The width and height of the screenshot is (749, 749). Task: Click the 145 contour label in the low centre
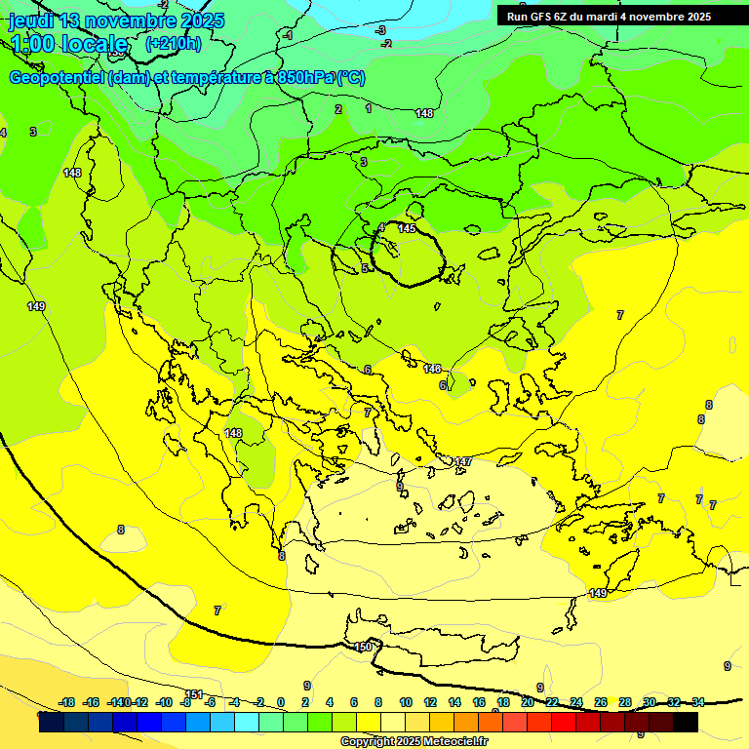tap(407, 228)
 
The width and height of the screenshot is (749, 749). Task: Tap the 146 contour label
tap(433, 369)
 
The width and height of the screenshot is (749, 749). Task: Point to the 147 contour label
tap(462, 461)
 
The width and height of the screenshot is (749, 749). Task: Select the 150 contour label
tap(364, 647)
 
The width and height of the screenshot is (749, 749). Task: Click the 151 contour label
tap(194, 694)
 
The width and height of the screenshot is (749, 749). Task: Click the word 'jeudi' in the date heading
tap(31, 20)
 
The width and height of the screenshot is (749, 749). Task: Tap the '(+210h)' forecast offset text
tap(173, 44)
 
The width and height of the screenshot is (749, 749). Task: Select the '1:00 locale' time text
tap(69, 44)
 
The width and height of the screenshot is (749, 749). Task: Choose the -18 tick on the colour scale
tap(67, 702)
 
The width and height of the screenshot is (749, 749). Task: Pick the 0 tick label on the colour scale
tap(281, 702)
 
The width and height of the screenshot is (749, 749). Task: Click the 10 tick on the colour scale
tap(406, 702)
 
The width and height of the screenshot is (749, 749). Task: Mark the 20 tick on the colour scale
tap(528, 702)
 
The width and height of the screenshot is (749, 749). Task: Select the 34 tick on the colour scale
tap(697, 702)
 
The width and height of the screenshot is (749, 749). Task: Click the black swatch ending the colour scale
tap(686, 722)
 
